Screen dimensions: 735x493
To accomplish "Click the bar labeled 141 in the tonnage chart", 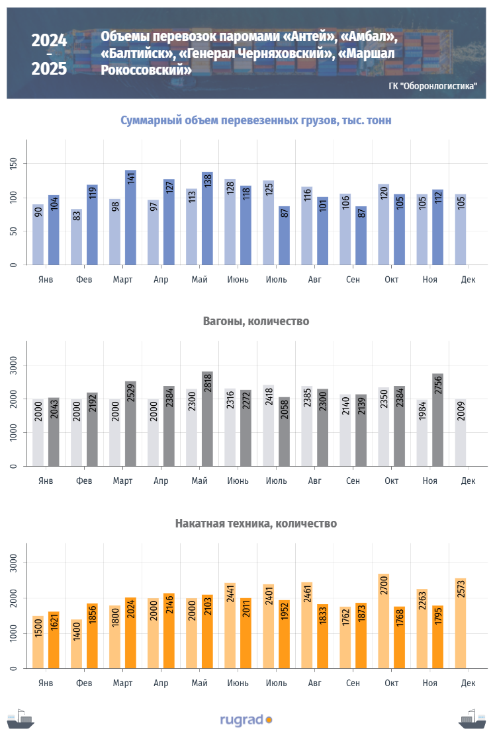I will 130,217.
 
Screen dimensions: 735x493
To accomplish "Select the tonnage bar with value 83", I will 77,237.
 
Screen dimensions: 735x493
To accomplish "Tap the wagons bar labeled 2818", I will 207,419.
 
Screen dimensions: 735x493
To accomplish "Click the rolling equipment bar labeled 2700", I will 384,621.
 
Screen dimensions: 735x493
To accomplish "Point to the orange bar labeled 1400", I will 77,644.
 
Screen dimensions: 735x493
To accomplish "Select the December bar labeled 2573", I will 461,623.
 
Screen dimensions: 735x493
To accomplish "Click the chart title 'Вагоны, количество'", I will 255,321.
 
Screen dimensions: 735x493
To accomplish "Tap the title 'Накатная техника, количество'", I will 255,523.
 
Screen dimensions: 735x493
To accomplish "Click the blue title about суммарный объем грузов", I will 255,120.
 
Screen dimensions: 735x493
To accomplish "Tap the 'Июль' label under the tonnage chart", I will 277,279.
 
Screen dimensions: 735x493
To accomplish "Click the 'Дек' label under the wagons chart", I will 468,481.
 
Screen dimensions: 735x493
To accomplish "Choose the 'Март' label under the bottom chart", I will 123,682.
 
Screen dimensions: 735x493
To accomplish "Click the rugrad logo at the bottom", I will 246,719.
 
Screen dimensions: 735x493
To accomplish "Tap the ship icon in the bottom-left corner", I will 21,719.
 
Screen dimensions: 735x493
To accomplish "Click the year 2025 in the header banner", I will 49,68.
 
